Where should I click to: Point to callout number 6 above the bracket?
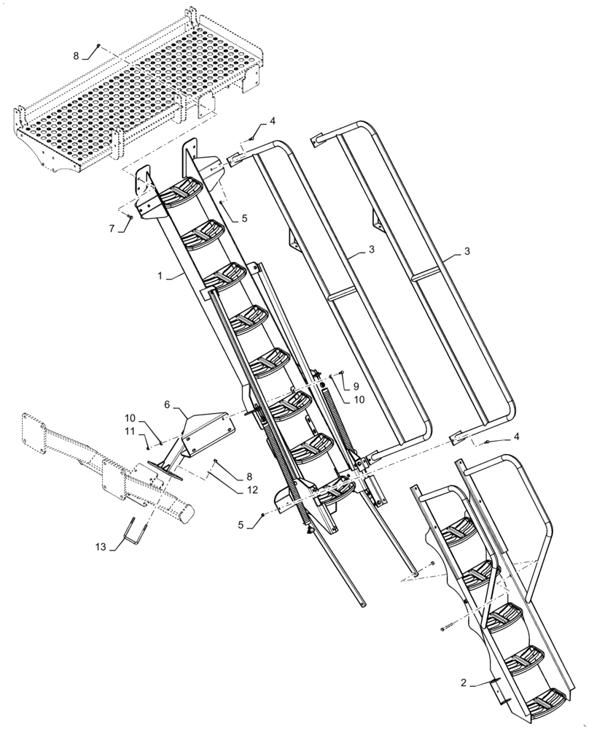167,404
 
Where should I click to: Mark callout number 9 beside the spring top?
356,385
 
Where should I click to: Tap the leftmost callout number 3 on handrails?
372,250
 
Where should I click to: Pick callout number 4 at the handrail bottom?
516,436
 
